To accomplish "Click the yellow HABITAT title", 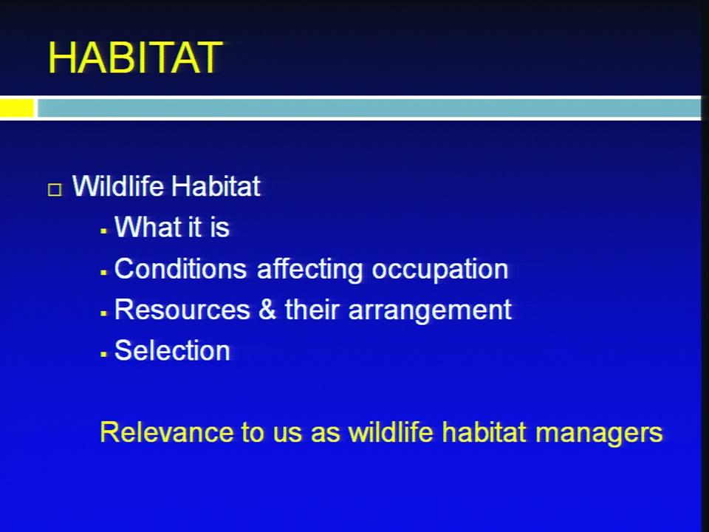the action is tap(135, 58).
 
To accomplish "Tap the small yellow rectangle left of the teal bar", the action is tap(17, 108).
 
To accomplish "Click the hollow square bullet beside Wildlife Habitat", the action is tap(55, 190).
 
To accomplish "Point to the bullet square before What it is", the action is tap(103, 231).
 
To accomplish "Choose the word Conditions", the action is tap(180, 269).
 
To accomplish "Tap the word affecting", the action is tap(309, 270).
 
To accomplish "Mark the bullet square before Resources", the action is tap(103, 313).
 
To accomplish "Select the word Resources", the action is tap(182, 310).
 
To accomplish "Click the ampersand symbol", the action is tap(267, 310).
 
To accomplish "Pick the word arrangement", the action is tap(430, 311).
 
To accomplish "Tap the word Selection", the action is tap(172, 350).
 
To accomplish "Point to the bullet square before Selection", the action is tap(103, 354).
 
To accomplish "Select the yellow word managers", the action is tap(599, 434).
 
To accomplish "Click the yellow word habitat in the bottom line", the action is tap(484, 432).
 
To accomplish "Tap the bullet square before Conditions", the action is tap(103, 273).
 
